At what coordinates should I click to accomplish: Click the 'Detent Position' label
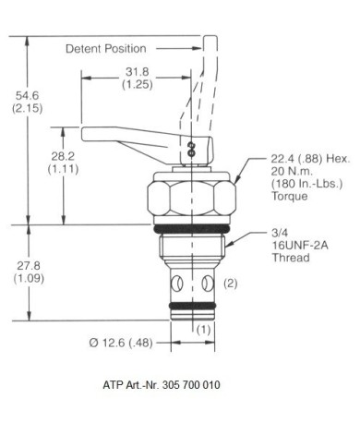106,49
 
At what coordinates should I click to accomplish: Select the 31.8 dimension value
138,72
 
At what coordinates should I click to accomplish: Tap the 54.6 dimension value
28,96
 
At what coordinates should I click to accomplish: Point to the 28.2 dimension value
63,156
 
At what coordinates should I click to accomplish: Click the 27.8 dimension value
29,266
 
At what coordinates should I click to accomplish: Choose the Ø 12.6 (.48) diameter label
121,343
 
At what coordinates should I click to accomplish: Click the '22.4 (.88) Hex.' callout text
310,159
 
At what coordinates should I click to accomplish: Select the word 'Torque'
289,196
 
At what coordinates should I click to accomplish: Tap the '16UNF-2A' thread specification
300,246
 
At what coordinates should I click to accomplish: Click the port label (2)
231,284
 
